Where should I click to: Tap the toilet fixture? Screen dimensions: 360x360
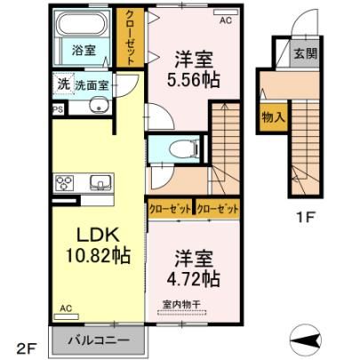(185, 148)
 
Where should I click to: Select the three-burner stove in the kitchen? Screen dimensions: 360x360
(64, 182)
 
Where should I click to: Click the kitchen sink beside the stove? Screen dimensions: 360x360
(100, 182)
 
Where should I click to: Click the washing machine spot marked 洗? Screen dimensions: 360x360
(63, 84)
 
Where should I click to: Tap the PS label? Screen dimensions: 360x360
(58, 109)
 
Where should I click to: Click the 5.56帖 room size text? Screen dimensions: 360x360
(193, 80)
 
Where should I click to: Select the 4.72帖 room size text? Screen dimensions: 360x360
(193, 279)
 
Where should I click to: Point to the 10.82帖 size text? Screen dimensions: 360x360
(98, 255)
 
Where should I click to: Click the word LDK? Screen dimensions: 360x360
(98, 236)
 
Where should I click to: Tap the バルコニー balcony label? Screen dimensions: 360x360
(99, 340)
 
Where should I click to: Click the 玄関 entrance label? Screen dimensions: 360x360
(305, 53)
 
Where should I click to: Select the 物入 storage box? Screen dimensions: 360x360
(274, 117)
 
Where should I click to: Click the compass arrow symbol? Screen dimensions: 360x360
(306, 340)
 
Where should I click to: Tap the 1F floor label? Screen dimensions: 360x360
(306, 218)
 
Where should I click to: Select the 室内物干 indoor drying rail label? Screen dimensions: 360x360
(182, 304)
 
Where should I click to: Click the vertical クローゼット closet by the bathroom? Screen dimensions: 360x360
(130, 37)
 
